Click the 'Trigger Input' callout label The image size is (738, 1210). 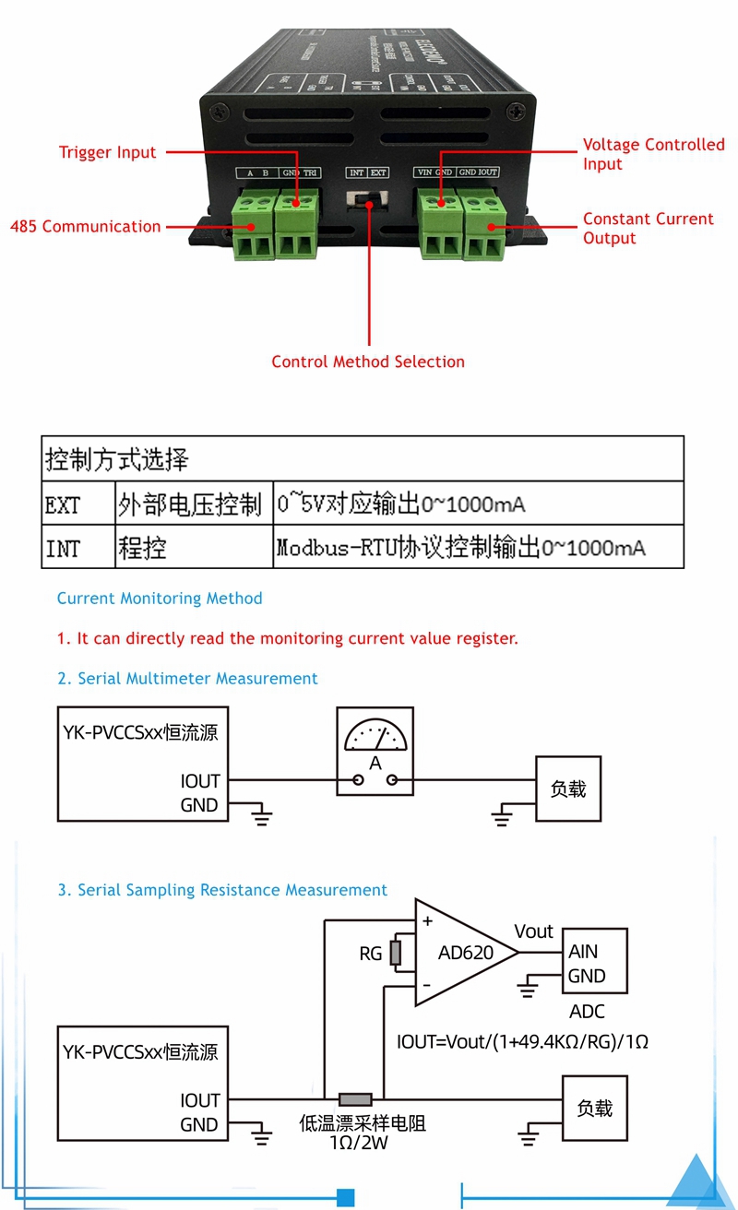coord(108,152)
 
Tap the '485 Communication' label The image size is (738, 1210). coord(85,226)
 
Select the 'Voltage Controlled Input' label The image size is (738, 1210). coord(653,154)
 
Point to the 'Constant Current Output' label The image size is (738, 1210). coord(648,228)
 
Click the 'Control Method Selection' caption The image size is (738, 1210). coord(368,362)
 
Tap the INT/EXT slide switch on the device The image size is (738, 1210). coord(366,200)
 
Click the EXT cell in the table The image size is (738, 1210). coord(64,504)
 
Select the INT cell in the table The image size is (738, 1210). coord(64,549)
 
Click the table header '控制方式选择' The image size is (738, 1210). coord(117,458)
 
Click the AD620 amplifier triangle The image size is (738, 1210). coord(464,954)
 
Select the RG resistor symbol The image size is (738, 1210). coord(396,954)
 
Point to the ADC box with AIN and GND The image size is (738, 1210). coord(594,961)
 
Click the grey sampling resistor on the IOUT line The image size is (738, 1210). coord(355,1099)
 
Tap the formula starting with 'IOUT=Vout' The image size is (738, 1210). coord(522,1041)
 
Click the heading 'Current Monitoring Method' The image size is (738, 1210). coord(160,599)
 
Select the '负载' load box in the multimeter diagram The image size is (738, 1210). coord(568,789)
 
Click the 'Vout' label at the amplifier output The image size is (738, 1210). coord(534,931)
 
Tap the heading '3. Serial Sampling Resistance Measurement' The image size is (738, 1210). coord(222,890)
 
